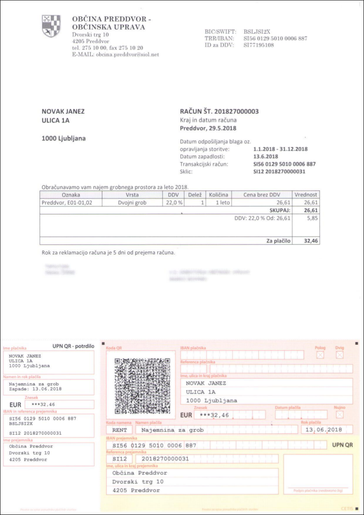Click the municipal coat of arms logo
point(51,26)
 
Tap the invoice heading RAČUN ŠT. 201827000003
point(219,111)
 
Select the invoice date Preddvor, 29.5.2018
point(208,128)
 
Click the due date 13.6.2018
point(266,157)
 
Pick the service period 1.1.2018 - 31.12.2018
point(280,149)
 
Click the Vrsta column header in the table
point(132,194)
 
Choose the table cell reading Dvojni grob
point(132,202)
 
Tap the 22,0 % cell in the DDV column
point(174,202)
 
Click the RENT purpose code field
point(119,430)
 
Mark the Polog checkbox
point(320,355)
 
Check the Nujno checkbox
point(340,414)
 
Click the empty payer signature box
point(317,471)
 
